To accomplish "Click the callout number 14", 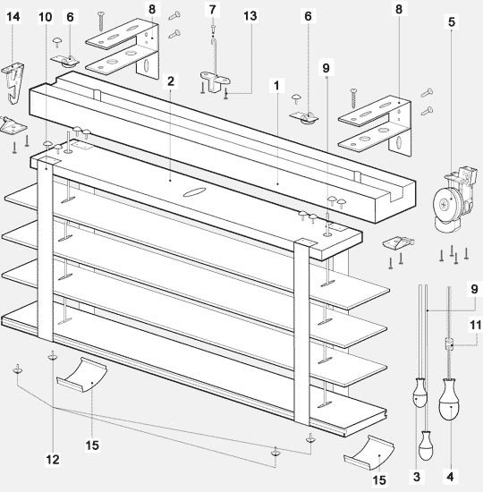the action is coord(13,17).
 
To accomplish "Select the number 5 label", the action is coord(452,22).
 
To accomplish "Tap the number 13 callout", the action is coord(250,16).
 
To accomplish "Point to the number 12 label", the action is coord(53,460).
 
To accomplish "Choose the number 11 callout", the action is coord(475,325).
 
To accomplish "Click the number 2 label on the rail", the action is coord(171,81).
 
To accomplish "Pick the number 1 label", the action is coord(276,85).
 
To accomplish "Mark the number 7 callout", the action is coord(213,10).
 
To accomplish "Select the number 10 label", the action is coord(46,17).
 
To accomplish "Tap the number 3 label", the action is coord(417,477).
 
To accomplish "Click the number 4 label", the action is coord(450,477).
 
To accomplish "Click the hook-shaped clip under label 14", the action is coord(13,82).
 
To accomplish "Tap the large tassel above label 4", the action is coord(449,399).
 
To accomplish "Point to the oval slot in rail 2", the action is coord(195,192).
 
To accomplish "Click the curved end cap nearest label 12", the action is coord(82,375).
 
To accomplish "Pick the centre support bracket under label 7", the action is coord(216,81).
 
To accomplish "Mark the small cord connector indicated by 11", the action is coord(449,344).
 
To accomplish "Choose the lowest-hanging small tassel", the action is coord(426,445).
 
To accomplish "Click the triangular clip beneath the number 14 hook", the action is coord(12,125).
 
